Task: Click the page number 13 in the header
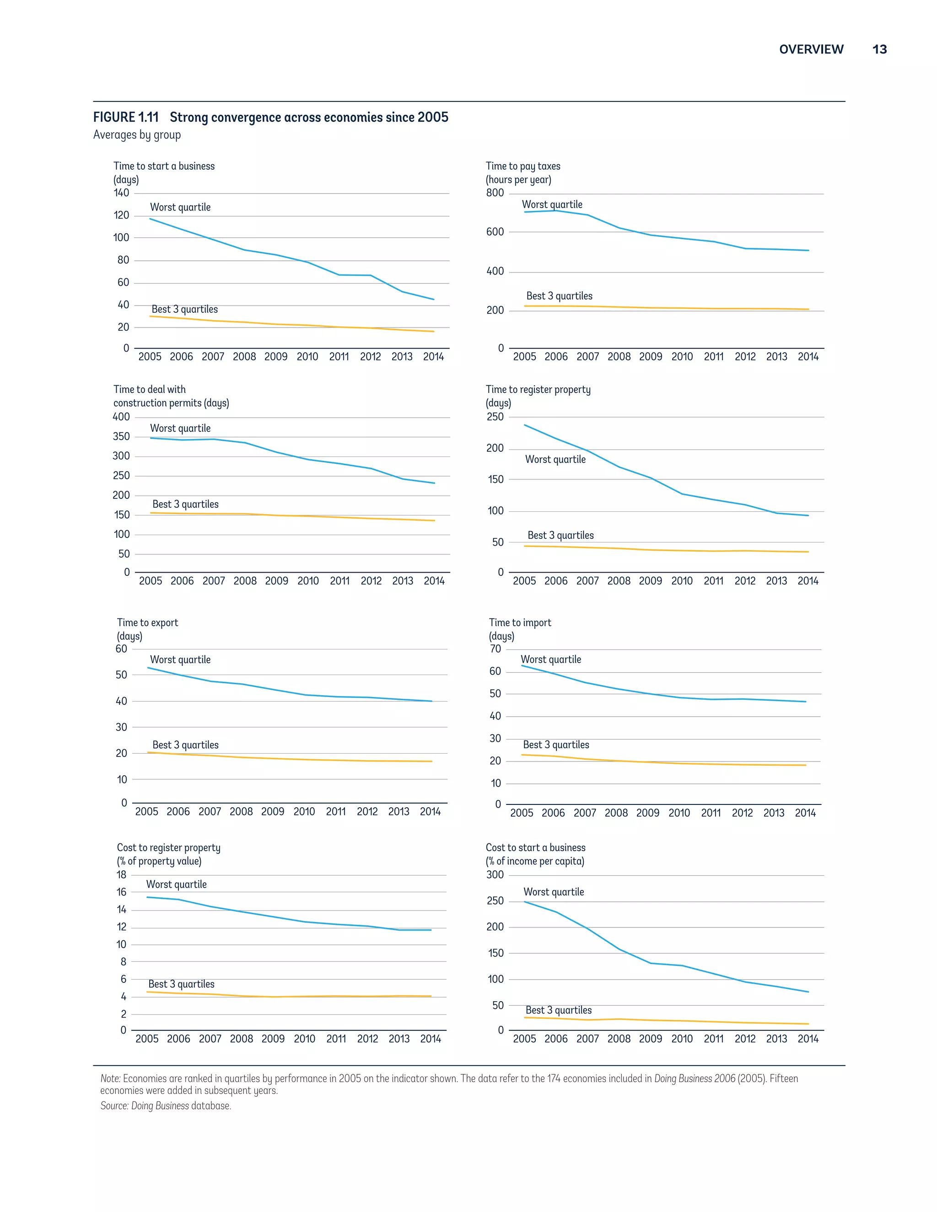click(x=879, y=49)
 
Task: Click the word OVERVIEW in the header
click(x=811, y=49)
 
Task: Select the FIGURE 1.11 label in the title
click(x=126, y=117)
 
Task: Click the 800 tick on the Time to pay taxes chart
click(x=495, y=193)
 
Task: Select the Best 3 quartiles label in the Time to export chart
click(x=185, y=745)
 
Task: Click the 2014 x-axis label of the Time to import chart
click(x=805, y=813)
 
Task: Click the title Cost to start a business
click(x=535, y=847)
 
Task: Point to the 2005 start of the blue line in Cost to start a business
click(x=525, y=901)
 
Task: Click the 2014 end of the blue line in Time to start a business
click(x=434, y=300)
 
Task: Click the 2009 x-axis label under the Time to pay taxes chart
click(x=651, y=357)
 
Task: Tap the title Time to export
click(x=147, y=622)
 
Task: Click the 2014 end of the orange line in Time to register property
click(x=808, y=552)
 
